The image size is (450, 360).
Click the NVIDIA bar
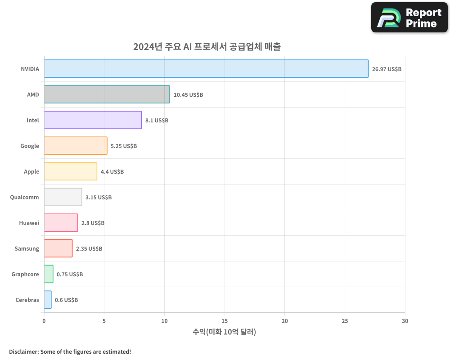point(206,69)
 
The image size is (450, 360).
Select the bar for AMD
point(107,94)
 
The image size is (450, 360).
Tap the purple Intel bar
point(93,120)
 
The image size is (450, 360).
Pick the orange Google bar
point(76,146)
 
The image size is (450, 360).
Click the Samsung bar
point(58,248)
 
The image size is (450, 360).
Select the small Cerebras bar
point(48,300)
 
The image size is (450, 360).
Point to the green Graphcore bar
point(49,274)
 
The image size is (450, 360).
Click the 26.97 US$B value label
point(387,69)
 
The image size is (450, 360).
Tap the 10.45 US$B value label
point(188,95)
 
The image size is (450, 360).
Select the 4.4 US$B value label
point(112,172)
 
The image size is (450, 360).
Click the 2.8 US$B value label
point(93,223)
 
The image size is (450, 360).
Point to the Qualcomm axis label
point(24,197)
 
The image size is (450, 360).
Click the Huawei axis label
point(29,223)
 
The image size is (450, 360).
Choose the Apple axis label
point(31,171)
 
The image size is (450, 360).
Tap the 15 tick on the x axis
point(225,321)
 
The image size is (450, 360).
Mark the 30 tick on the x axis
point(405,321)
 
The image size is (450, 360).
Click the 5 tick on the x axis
point(104,321)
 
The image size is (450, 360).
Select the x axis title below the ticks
point(224,332)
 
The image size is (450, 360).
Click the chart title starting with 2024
point(207,47)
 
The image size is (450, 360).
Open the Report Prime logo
point(409,18)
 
